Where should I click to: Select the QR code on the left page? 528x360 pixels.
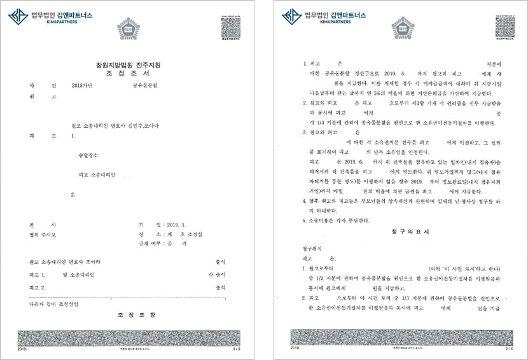230,25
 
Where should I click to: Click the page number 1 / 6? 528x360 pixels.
237,349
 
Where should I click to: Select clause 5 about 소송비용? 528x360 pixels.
335,220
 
